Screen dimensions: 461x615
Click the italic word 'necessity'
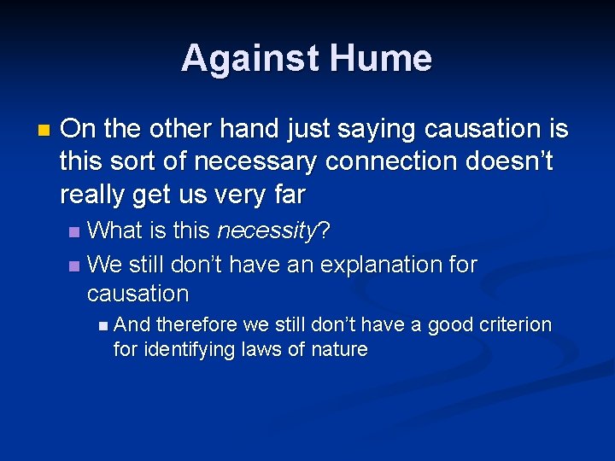267,230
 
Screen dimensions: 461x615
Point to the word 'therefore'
197,324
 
